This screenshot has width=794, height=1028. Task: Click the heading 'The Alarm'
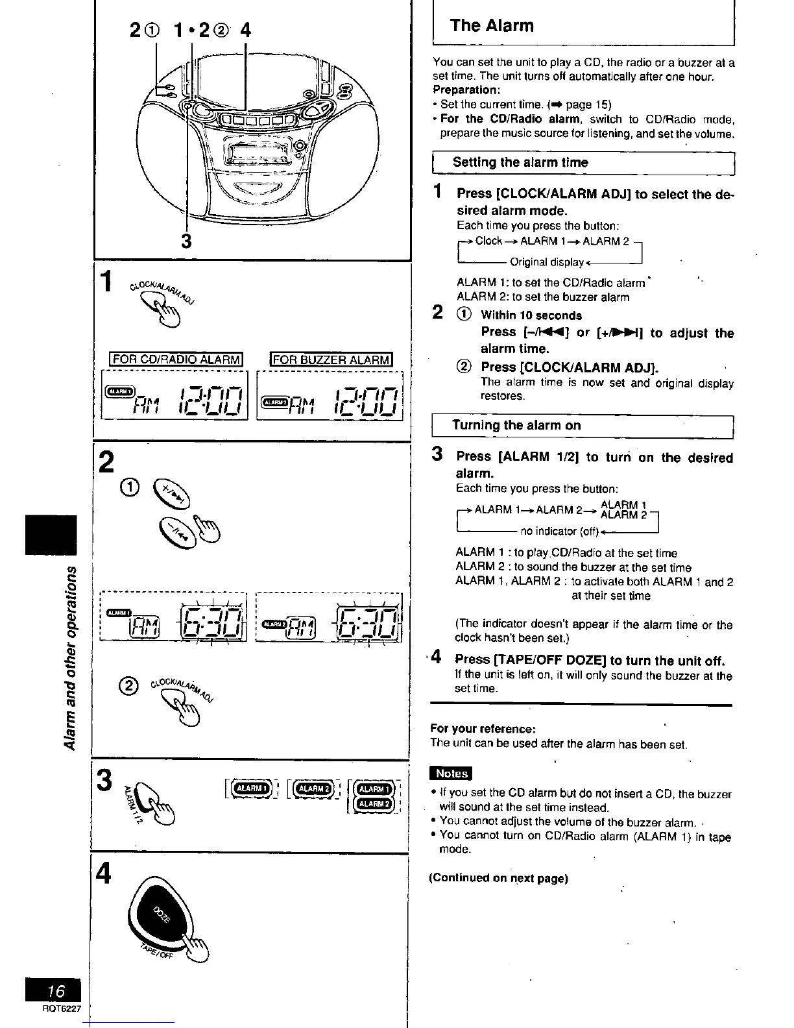tap(492, 26)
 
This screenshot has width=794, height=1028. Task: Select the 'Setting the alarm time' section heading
tap(520, 162)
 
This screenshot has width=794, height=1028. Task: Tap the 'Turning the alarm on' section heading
tap(516, 425)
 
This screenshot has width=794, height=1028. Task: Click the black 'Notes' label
tap(451, 773)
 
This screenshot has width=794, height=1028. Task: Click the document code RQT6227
tap(56, 1010)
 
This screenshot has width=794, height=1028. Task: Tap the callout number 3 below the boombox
tap(186, 241)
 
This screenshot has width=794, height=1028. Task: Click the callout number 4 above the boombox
tap(245, 31)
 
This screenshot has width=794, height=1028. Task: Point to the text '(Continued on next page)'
tap(498, 878)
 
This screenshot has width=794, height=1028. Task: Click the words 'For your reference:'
tap(483, 729)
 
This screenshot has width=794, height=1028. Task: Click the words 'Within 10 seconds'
tap(531, 315)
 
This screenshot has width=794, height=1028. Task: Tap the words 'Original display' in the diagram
tap(546, 262)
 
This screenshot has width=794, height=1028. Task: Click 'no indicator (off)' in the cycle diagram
tap(559, 531)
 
